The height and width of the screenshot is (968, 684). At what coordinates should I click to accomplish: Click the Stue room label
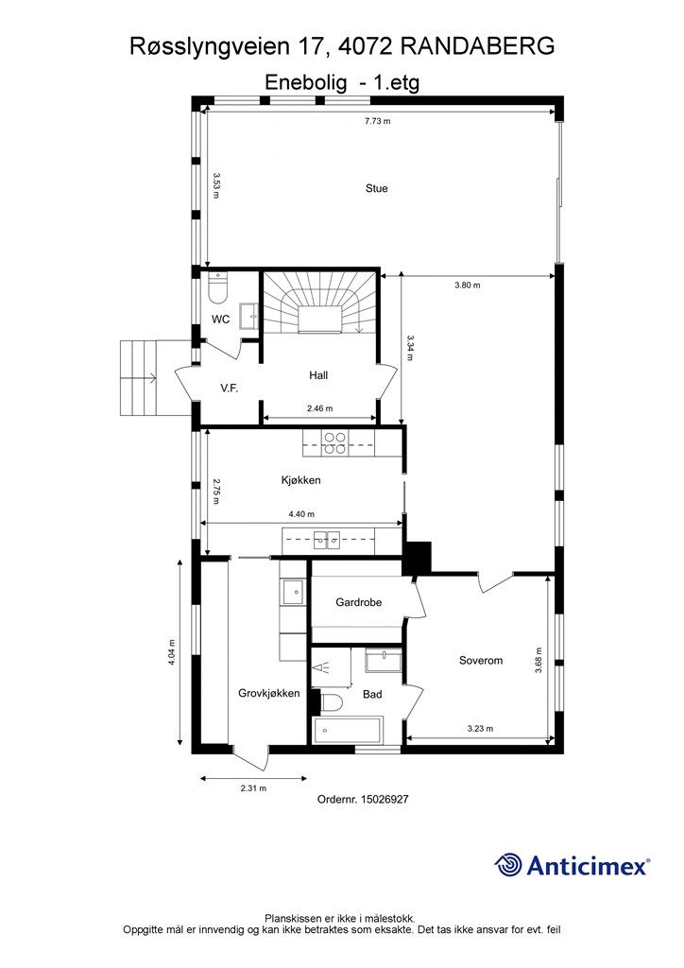376,188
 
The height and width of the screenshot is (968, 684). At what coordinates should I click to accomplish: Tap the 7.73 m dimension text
378,121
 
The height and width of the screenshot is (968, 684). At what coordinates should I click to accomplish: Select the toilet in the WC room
218,288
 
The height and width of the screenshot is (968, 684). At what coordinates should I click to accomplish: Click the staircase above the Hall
320,302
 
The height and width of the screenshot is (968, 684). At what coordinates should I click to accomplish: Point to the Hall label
318,374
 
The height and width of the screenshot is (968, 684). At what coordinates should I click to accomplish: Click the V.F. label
230,389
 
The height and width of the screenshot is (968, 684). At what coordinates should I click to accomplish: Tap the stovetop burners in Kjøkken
334,443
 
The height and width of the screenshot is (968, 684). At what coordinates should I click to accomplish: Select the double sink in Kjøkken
326,541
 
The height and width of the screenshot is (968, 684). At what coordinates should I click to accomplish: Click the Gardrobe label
358,602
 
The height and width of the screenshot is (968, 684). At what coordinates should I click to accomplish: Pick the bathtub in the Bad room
348,731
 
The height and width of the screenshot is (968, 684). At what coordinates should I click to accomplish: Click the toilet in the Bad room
332,702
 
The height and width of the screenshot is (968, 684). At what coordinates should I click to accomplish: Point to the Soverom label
481,660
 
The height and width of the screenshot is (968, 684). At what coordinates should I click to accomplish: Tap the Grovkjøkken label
269,693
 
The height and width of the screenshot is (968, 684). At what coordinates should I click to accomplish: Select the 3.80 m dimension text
468,285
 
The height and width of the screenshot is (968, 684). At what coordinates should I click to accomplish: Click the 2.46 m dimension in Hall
319,408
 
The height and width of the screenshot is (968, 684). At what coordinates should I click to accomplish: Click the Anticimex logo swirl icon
508,865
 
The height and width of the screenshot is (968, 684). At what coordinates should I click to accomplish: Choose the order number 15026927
385,799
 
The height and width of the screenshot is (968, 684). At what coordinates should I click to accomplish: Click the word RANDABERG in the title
477,46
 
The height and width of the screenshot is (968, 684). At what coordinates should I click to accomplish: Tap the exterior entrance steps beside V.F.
138,377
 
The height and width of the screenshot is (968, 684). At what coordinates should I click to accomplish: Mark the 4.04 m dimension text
171,652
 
